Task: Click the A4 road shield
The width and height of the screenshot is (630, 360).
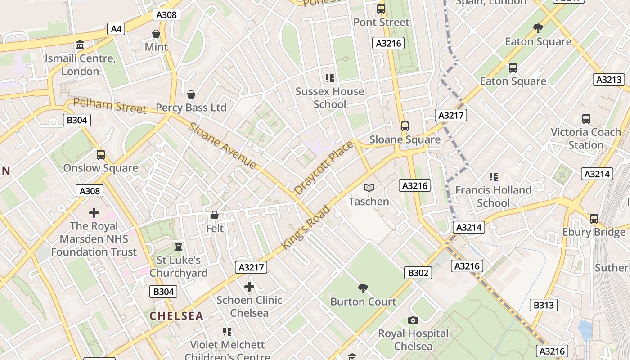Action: click(x=116, y=29)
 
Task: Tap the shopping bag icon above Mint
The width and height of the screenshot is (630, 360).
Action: click(x=156, y=34)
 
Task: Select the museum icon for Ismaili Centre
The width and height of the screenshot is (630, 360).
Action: click(x=81, y=45)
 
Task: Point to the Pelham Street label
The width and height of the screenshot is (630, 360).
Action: click(x=110, y=106)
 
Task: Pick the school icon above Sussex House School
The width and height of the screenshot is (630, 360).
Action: click(x=330, y=78)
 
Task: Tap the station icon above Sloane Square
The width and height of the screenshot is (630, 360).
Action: click(x=405, y=126)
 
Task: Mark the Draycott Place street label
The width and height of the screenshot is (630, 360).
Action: click(x=324, y=168)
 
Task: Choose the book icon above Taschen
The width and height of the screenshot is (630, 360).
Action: click(x=369, y=188)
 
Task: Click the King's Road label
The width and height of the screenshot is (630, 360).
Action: click(x=306, y=227)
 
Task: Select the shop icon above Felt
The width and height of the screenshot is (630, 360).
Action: click(x=215, y=215)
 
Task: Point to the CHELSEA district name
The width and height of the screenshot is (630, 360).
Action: click(x=176, y=316)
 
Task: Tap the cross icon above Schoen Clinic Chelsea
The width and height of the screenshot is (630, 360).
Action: click(x=249, y=287)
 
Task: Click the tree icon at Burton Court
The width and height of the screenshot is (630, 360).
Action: click(x=363, y=288)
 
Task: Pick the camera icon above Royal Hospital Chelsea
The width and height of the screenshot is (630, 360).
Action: click(x=413, y=320)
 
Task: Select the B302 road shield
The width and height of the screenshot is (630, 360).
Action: click(x=418, y=272)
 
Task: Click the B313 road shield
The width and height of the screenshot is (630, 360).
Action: click(x=544, y=305)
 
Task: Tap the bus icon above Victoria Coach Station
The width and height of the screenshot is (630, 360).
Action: click(x=586, y=119)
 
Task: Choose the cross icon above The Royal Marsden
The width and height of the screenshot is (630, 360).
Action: click(x=94, y=212)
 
